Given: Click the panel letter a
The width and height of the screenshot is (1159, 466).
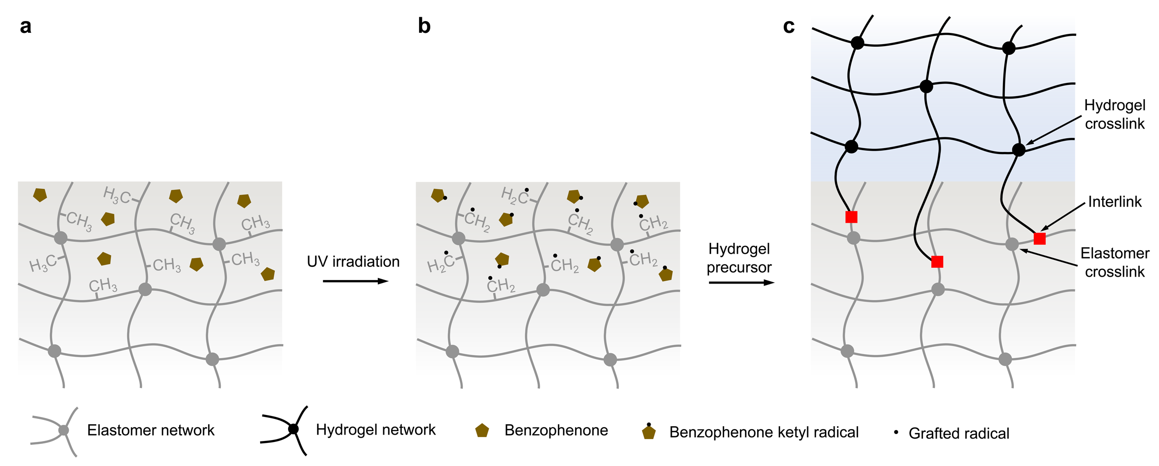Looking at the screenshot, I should click(26, 26).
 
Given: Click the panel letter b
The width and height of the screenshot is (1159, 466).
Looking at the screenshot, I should click(424, 26).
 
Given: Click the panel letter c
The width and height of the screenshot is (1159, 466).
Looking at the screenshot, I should click(789, 26).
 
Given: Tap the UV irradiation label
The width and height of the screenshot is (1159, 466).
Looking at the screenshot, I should click(353, 261).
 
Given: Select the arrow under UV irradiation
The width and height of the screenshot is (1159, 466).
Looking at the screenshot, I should click(355, 281).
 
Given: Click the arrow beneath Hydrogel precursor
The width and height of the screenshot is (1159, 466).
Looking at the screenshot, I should click(741, 283).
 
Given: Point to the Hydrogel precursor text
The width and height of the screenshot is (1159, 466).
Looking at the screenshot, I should click(739, 258).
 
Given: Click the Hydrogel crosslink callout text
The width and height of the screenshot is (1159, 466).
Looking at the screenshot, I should click(1114, 114).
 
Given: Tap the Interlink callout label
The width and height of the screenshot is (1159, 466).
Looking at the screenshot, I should click(1115, 202).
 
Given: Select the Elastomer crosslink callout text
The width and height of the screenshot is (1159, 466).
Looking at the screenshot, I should click(1114, 262).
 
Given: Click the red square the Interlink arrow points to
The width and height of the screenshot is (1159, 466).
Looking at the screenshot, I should click(1039, 238).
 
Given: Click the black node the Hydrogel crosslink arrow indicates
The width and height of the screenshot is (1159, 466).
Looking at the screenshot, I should click(1019, 150).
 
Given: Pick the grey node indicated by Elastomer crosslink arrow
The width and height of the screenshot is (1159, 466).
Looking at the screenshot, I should click(1012, 244).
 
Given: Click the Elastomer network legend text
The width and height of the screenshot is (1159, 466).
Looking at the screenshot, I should click(151, 430).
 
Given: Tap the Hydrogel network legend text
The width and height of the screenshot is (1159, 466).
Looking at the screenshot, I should click(375, 430).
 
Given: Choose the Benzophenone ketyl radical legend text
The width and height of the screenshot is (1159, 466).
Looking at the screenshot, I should click(764, 432).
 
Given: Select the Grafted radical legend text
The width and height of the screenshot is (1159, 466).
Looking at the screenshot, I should click(959, 434).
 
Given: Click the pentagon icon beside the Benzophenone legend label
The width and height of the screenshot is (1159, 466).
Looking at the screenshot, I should click(482, 431).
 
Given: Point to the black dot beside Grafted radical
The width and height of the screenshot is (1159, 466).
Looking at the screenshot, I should click(896, 432).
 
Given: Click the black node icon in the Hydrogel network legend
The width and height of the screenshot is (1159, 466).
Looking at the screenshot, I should click(293, 429).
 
